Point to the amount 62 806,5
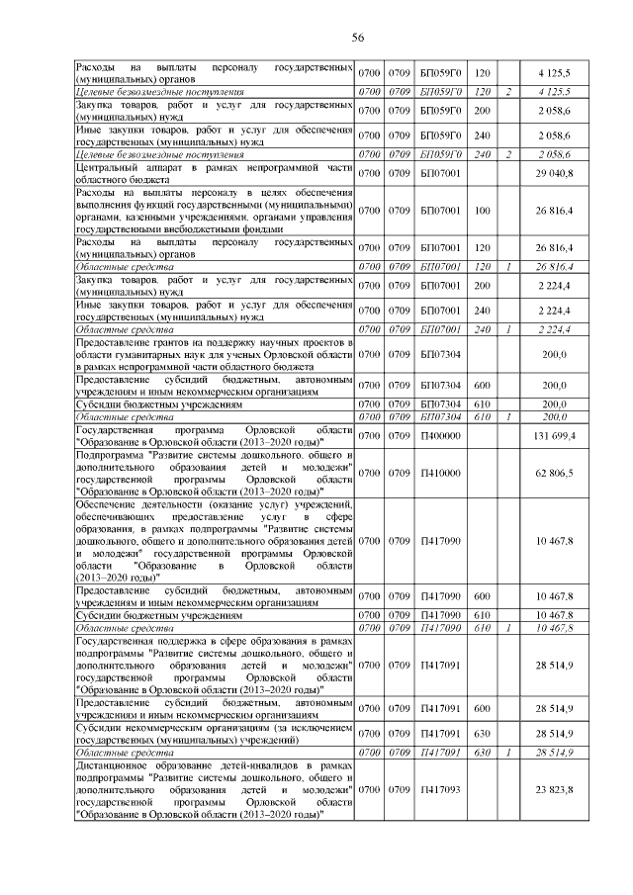point(561,473)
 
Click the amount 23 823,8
point(561,788)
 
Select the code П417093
point(440,788)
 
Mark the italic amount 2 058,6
point(561,155)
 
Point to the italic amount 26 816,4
point(561,266)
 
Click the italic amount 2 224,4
point(561,328)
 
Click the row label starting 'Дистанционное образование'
point(216,788)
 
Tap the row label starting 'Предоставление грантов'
point(216,354)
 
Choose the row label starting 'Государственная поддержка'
point(216,669)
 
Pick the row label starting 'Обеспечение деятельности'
point(216,543)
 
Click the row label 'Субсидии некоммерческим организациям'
point(216,733)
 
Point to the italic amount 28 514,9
point(561,753)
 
